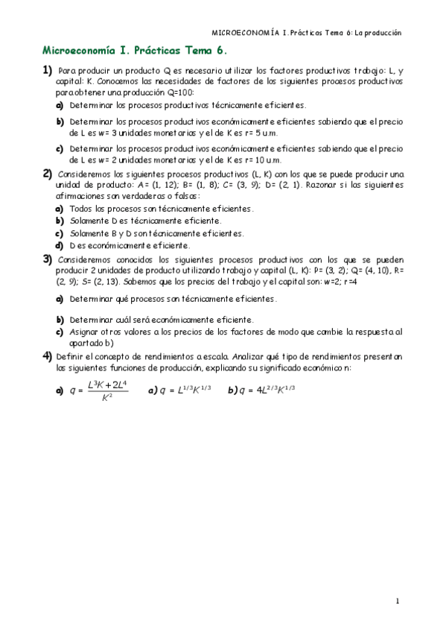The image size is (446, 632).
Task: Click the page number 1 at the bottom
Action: (398, 600)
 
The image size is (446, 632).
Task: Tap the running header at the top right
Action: (307, 33)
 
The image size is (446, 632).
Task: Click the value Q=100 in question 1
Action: (178, 92)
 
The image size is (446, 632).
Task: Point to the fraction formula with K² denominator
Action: (107, 390)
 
